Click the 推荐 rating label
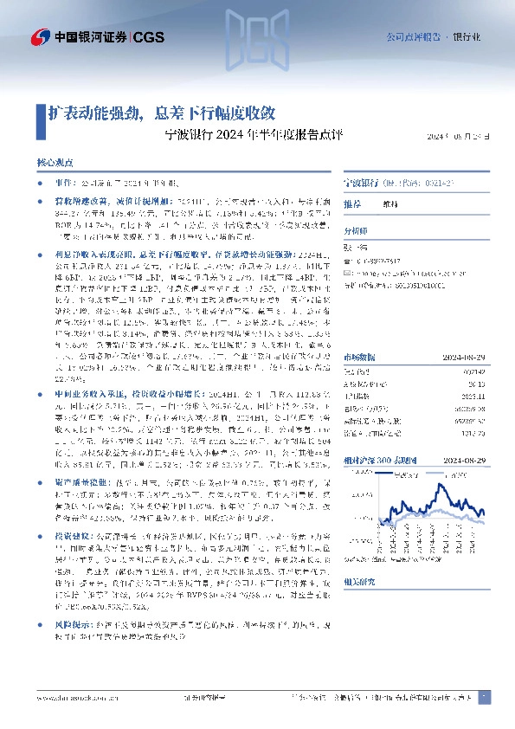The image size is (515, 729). [351, 204]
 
